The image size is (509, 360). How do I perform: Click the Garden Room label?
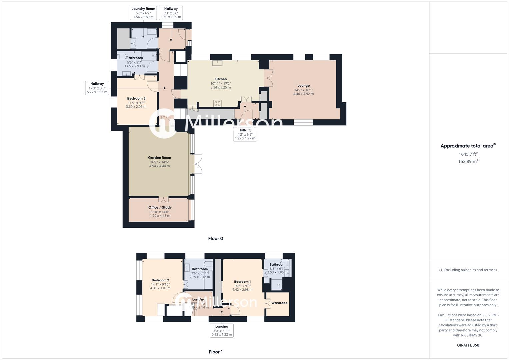(x=159, y=158)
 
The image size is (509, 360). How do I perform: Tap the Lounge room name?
(x=303, y=86)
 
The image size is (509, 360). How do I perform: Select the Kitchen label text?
(x=220, y=79)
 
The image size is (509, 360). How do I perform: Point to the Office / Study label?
(x=160, y=207)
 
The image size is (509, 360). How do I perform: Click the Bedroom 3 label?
(x=136, y=98)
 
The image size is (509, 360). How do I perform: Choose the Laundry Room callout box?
(x=143, y=13)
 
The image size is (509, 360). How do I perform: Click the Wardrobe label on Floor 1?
(x=279, y=303)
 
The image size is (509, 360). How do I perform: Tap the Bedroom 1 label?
(x=242, y=282)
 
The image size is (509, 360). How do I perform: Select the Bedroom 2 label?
(x=160, y=280)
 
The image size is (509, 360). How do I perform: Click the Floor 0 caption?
(x=215, y=238)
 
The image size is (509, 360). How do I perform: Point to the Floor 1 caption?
(x=215, y=352)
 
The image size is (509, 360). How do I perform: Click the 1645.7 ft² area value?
(x=468, y=154)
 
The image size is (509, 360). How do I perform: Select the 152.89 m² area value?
(x=468, y=161)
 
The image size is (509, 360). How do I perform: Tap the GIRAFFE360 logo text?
(x=468, y=345)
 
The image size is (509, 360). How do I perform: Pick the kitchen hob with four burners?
(x=217, y=103)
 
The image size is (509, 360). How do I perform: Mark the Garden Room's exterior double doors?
(x=197, y=164)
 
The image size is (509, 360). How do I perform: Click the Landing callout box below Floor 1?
(x=222, y=330)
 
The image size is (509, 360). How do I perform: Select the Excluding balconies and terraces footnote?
(x=468, y=270)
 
